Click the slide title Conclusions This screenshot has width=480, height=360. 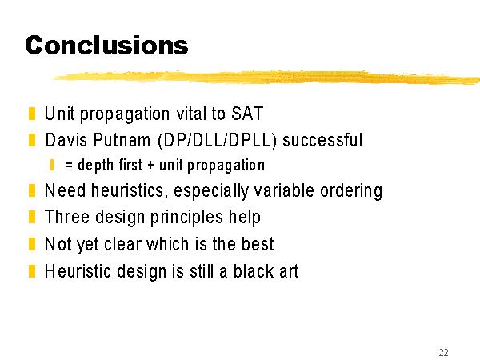coord(106,46)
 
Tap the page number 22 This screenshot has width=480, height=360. coord(443,352)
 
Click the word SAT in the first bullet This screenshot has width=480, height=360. coord(247,114)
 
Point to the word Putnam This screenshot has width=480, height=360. coord(122,140)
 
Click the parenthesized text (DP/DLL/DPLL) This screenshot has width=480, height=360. coord(217,141)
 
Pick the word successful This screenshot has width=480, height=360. coord(322,140)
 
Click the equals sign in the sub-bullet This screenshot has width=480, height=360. coord(69,166)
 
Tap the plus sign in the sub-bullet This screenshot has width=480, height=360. coord(150,166)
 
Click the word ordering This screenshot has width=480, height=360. coord(351,192)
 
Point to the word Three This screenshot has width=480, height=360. coord(67,217)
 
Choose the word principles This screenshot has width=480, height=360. coord(186,218)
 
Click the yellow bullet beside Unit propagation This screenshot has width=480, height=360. coord(32,114)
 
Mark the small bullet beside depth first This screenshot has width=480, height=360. coord(52,165)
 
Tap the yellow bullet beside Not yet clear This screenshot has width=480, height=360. coord(32,244)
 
